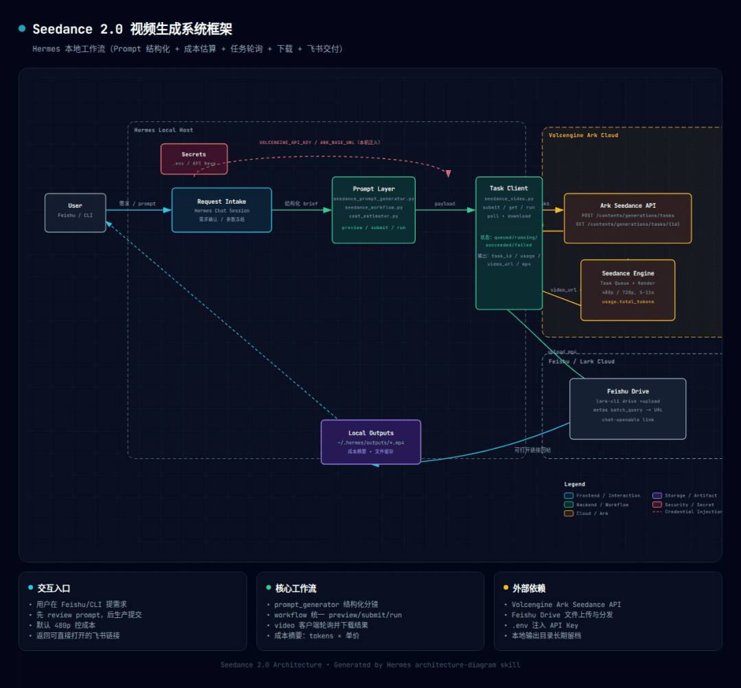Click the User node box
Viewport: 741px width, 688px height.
pyautogui.click(x=75, y=213)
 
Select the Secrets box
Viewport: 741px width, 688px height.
pyautogui.click(x=193, y=158)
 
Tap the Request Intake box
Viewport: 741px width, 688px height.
pyautogui.click(x=222, y=210)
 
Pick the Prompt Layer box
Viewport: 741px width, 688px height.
pyautogui.click(x=373, y=210)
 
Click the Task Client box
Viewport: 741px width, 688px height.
pyautogui.click(x=508, y=243)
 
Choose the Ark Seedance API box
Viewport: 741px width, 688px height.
pyautogui.click(x=627, y=218)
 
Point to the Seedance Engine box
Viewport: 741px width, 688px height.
pyautogui.click(x=627, y=289)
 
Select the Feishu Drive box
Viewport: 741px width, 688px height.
pyautogui.click(x=627, y=408)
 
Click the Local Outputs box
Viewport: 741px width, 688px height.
pyautogui.click(x=370, y=442)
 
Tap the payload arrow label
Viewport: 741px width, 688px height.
pyautogui.click(x=445, y=204)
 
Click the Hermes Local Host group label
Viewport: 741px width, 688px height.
pyautogui.click(x=163, y=130)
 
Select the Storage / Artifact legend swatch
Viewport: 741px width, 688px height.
pyautogui.click(x=657, y=495)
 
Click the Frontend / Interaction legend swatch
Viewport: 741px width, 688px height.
pyautogui.click(x=568, y=495)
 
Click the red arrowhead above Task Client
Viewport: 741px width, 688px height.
pyautogui.click(x=448, y=174)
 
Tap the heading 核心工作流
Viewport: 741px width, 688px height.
pyautogui.click(x=296, y=589)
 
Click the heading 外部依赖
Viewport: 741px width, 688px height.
pyautogui.click(x=529, y=589)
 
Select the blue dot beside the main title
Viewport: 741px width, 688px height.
pyautogui.click(x=22, y=29)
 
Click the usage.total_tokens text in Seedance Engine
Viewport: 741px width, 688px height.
pyautogui.click(x=627, y=302)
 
